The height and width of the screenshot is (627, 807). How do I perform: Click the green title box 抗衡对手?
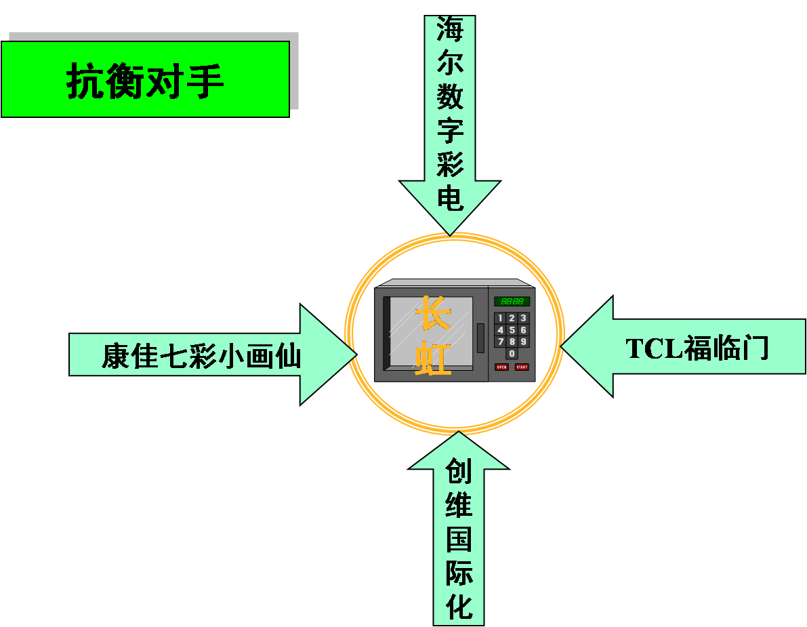(145, 79)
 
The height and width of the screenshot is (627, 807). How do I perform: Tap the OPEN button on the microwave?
(501, 367)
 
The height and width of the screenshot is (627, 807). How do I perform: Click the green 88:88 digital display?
(512, 301)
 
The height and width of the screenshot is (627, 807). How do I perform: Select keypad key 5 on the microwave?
(512, 329)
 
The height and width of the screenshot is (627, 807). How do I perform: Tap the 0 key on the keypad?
(512, 353)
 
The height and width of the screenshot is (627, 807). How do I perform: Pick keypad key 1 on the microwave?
(501, 318)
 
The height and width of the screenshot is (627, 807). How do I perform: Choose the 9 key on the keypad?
(523, 341)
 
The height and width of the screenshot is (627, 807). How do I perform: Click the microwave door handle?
(480, 338)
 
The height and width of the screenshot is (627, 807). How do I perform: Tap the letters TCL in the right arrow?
(653, 348)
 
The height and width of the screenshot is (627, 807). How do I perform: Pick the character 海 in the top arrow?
(449, 29)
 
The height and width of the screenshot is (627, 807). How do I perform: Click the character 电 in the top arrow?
(449, 198)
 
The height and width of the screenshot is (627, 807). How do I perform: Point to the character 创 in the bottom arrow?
(459, 470)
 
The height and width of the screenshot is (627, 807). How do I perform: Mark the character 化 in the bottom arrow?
(459, 606)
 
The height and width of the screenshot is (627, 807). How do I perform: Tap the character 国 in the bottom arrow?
(459, 538)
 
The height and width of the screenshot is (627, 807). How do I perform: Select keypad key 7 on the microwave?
(501, 341)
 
